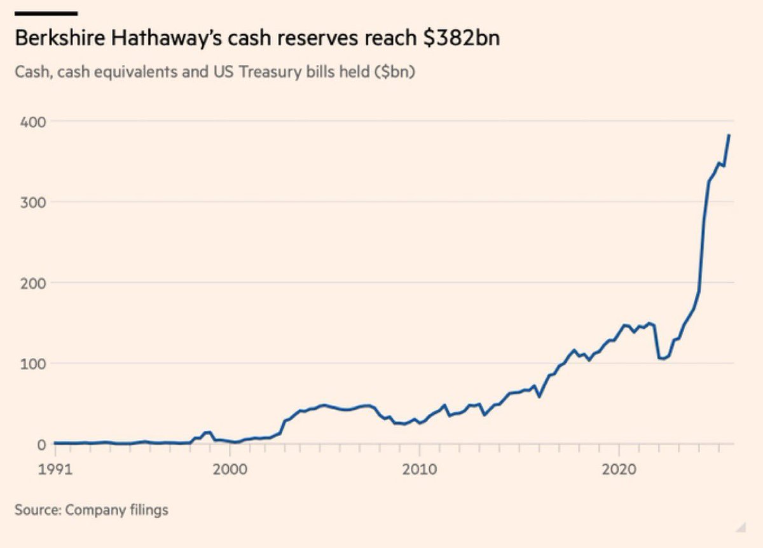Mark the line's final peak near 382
(x=729, y=135)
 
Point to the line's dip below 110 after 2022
(x=662, y=359)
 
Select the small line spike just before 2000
(x=207, y=432)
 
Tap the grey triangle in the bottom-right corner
(x=740, y=525)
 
